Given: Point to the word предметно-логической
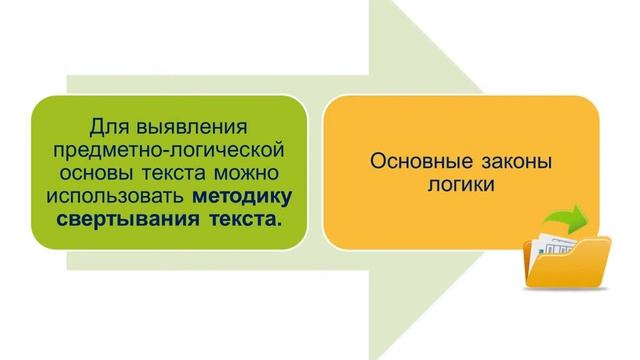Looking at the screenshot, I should point(166,149).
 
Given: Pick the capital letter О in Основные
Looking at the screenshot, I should point(378,163).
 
